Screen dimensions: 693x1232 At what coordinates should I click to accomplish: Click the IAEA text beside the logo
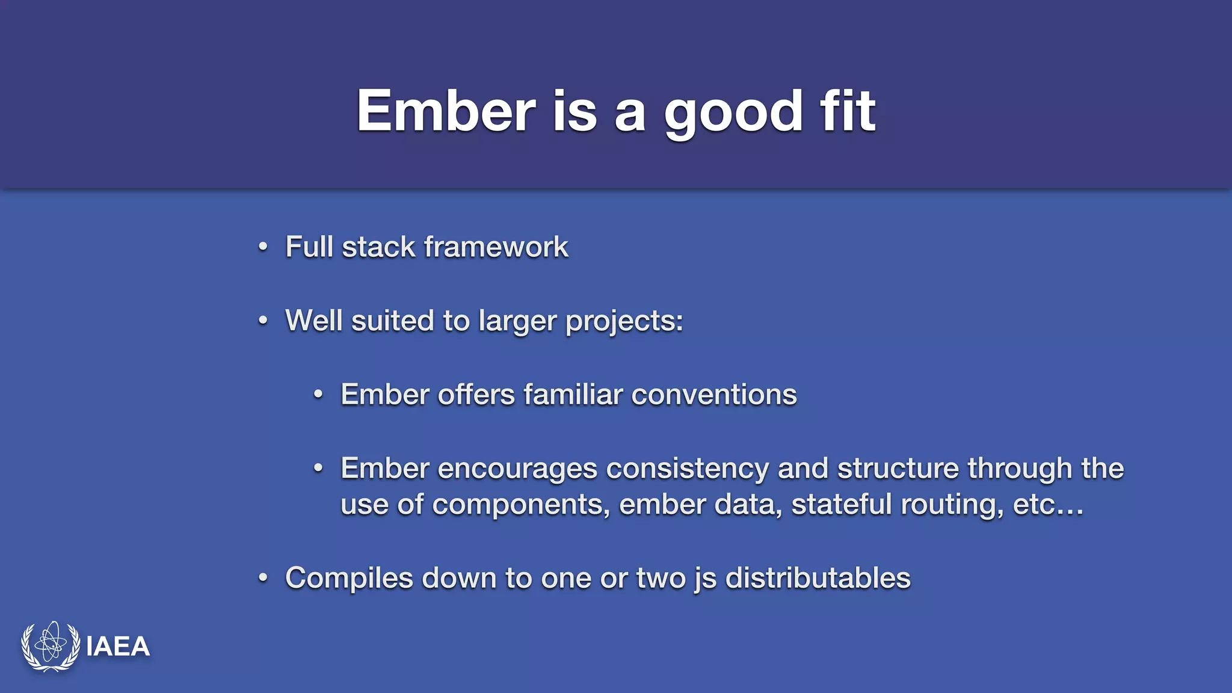(x=118, y=647)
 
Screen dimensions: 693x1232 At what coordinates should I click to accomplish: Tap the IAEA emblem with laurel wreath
(x=51, y=646)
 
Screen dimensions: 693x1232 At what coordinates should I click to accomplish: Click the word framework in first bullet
(x=496, y=247)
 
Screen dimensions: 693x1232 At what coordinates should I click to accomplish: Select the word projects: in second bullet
(x=624, y=321)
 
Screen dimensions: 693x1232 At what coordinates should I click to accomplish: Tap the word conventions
(x=713, y=395)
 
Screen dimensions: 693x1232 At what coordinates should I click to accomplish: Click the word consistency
(x=687, y=469)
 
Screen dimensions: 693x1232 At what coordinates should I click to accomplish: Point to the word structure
(x=898, y=469)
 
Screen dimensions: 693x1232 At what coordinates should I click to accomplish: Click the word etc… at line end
(x=1048, y=505)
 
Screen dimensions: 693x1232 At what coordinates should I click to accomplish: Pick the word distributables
(x=818, y=578)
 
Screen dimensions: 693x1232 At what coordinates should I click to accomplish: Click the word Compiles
(x=349, y=578)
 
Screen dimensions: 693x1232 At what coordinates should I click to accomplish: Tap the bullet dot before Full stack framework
(x=263, y=247)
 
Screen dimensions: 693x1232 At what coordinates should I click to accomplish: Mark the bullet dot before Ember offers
(x=318, y=395)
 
